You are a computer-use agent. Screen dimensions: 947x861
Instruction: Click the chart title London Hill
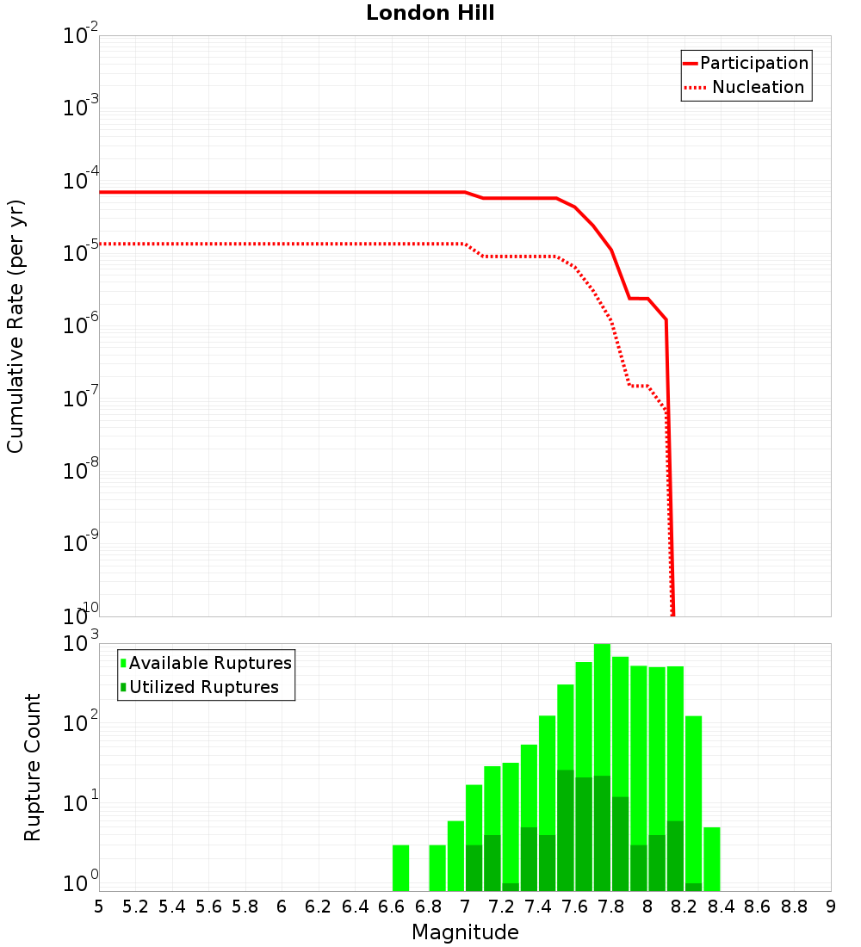(430, 14)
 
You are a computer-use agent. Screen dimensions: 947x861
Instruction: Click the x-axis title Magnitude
(465, 932)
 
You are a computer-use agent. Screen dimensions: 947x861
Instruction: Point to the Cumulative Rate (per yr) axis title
(16, 325)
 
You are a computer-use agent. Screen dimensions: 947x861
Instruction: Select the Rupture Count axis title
(33, 767)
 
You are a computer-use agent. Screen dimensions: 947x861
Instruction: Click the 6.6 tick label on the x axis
(392, 907)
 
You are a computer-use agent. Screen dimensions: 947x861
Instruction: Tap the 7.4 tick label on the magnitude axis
(538, 907)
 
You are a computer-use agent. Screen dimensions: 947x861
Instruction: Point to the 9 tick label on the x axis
(830, 907)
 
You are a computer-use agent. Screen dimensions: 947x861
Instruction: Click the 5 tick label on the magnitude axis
(99, 907)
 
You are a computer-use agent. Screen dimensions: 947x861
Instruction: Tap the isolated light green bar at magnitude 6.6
(400, 868)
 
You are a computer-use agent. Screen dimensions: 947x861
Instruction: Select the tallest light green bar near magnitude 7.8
(602, 766)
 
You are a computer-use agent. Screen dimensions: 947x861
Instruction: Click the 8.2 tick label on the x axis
(684, 907)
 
